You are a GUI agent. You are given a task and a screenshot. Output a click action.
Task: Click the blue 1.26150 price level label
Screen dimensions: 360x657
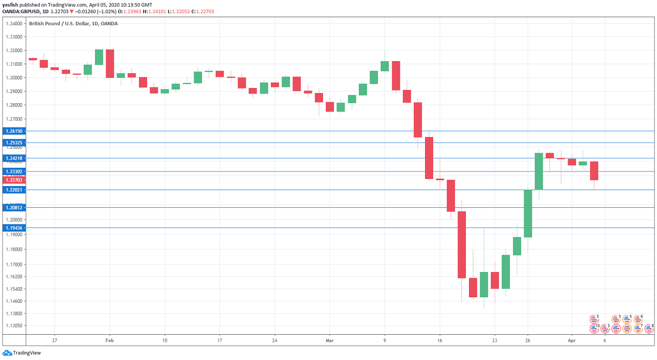click(14, 131)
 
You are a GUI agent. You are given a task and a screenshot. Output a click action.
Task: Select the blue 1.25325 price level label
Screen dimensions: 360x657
click(14, 143)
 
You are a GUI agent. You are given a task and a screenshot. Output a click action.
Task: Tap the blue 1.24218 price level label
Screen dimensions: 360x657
click(14, 158)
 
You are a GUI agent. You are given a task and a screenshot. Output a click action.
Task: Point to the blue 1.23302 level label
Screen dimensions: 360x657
click(14, 171)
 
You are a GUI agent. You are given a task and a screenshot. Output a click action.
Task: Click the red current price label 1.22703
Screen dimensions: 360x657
click(14, 180)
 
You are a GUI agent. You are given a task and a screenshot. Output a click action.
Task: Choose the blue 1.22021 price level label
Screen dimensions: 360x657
click(14, 190)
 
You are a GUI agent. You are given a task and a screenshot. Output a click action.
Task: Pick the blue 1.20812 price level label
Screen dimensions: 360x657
click(14, 207)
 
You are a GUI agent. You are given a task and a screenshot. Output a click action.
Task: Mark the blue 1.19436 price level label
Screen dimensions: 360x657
click(14, 228)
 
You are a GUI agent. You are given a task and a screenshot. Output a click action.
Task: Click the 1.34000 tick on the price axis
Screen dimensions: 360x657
click(14, 24)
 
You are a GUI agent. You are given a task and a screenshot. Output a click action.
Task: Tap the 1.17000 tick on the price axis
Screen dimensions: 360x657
click(14, 264)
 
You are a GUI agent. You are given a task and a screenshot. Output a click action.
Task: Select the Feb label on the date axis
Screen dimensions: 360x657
click(110, 341)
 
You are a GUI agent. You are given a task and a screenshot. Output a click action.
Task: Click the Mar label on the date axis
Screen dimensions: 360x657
click(330, 341)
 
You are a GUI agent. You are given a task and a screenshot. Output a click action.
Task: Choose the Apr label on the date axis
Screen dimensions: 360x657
click(571, 341)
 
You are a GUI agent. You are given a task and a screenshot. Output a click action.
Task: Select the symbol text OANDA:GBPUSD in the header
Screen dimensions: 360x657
click(20, 11)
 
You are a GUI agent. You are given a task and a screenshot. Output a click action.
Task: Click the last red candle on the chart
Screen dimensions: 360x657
click(594, 171)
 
